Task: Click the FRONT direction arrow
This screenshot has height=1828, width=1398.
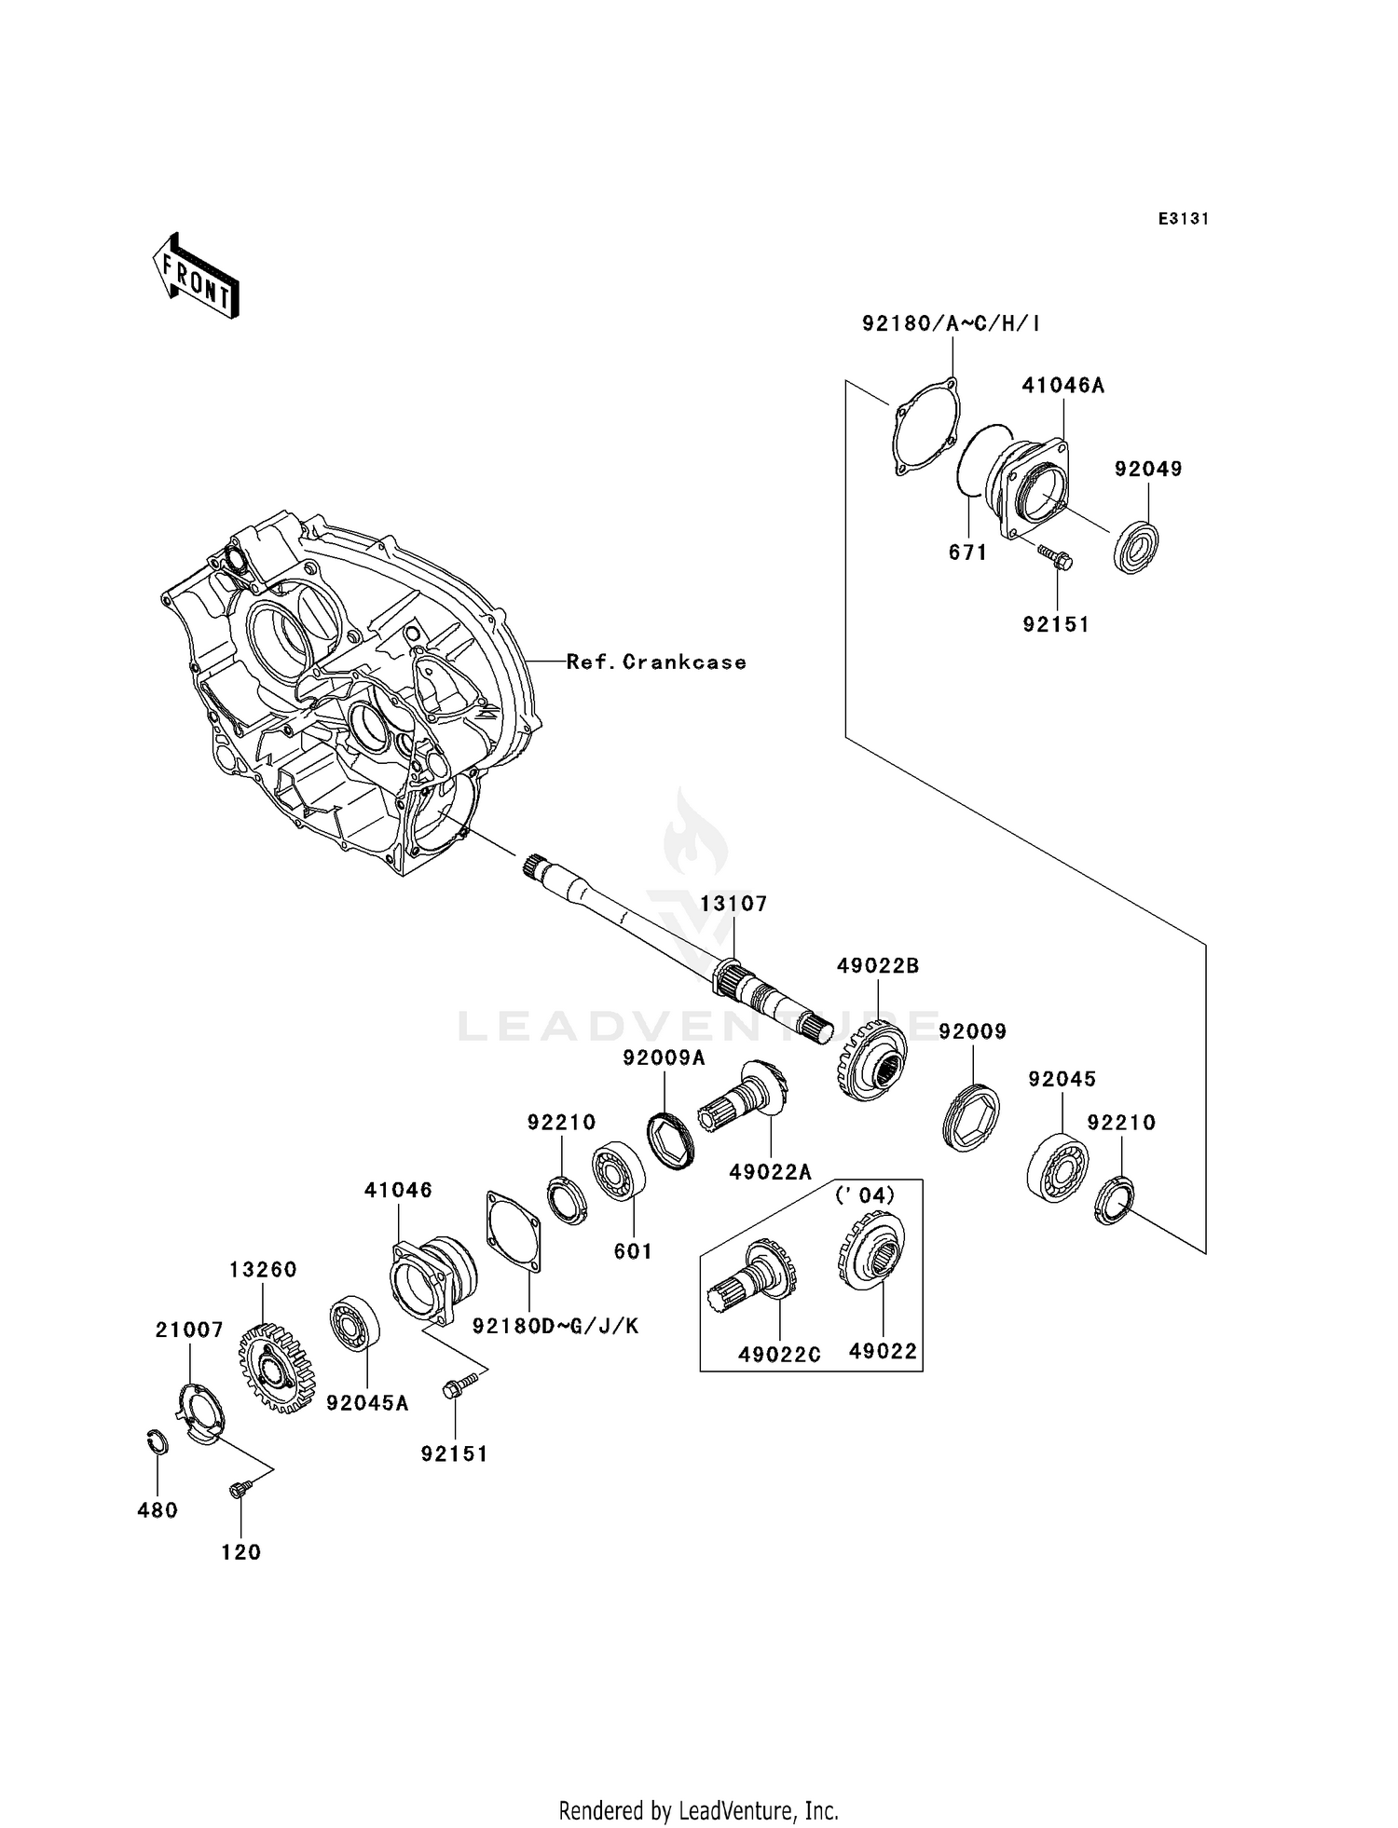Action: tap(197, 278)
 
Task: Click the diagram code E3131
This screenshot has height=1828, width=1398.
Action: tap(1183, 219)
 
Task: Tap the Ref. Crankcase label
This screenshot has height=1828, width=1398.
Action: tap(656, 662)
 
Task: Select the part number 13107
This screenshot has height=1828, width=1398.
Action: tap(733, 904)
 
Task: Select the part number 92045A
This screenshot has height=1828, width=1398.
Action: tap(367, 1403)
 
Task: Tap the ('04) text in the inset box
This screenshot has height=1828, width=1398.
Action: tap(864, 1195)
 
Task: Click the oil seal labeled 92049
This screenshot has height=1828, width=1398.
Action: tap(1137, 548)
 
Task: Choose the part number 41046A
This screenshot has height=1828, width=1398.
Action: tap(1062, 386)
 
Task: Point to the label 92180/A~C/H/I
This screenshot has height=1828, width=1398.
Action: tap(951, 324)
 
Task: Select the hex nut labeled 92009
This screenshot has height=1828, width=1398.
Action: tap(971, 1117)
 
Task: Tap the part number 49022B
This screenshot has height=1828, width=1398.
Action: tap(877, 966)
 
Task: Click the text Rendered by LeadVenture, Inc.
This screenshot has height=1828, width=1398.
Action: tap(698, 1810)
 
